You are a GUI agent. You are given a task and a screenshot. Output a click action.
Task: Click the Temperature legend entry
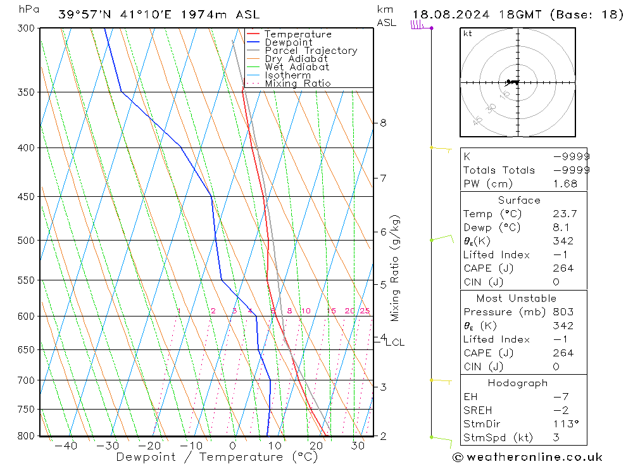pyautogui.click(x=298, y=34)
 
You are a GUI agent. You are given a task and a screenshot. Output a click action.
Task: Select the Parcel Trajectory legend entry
pyautogui.click(x=311, y=51)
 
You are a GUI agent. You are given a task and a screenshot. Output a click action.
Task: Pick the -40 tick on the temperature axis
pyautogui.click(x=66, y=446)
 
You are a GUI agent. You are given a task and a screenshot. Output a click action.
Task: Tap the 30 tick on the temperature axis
pyautogui.click(x=358, y=446)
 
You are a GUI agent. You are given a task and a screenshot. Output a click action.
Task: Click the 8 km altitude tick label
pyautogui.click(x=383, y=123)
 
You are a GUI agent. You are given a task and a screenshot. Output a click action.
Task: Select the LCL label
pyautogui.click(x=394, y=342)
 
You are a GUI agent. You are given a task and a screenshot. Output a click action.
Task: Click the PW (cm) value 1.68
pyautogui.click(x=565, y=184)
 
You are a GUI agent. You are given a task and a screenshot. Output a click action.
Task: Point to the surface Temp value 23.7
pyautogui.click(x=565, y=214)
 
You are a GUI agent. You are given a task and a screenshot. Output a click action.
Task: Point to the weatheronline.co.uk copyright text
pyautogui.click(x=527, y=457)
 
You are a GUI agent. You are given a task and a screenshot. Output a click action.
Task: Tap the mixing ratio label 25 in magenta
pyautogui.click(x=365, y=311)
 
